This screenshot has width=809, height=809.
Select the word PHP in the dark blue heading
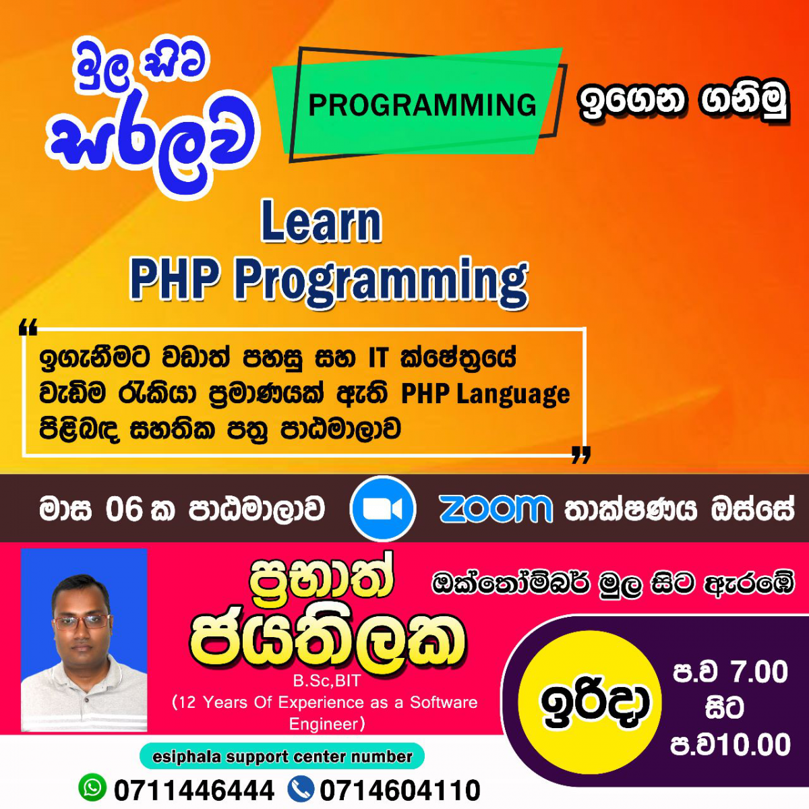coord(175,277)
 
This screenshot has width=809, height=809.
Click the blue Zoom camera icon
coord(382,508)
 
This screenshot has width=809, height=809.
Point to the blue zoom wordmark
coord(496,509)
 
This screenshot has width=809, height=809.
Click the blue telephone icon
coord(301,787)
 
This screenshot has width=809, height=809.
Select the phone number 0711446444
coord(194,790)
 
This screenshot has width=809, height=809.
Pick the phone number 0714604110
coord(400,790)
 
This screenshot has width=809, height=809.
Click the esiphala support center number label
coord(282,756)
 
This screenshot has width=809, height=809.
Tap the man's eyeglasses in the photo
coord(82,622)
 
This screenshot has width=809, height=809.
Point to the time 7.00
coord(760,671)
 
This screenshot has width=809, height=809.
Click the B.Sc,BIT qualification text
coord(326,680)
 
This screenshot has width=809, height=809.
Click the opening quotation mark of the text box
coord(28,327)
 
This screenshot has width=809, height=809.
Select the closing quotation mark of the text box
coord(581,455)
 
